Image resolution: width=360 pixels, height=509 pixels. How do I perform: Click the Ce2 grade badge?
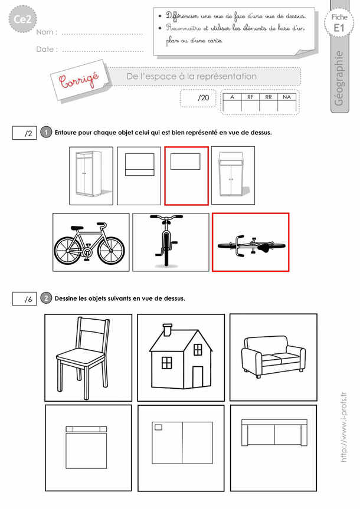(22, 19)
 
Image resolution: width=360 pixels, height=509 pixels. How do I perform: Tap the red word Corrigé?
(80, 80)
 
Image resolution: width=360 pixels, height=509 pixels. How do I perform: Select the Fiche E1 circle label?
(339, 23)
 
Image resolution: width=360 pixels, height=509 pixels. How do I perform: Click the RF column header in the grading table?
(250, 97)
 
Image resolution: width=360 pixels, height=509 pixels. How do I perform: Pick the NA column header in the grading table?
(287, 97)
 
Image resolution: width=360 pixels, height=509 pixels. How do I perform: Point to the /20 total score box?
(198, 98)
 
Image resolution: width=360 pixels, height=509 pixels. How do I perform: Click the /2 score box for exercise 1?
(24, 133)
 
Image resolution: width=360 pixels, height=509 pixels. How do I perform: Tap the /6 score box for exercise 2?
(24, 298)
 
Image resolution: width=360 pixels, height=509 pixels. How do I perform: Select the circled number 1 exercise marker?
(46, 132)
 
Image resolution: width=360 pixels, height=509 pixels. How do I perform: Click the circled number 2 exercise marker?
(46, 298)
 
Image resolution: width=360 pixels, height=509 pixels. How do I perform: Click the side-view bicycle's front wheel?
(111, 251)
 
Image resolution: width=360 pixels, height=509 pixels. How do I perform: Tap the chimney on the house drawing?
(168, 330)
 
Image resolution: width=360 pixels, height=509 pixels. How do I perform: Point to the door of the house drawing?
(198, 377)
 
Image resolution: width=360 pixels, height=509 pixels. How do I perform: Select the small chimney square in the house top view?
(158, 427)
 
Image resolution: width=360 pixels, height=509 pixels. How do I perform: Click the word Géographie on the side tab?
(339, 78)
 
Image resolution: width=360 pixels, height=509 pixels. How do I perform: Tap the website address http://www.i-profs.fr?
(344, 427)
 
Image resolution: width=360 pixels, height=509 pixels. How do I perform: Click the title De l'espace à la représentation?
(192, 76)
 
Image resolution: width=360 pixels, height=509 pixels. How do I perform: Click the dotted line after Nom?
(102, 34)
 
